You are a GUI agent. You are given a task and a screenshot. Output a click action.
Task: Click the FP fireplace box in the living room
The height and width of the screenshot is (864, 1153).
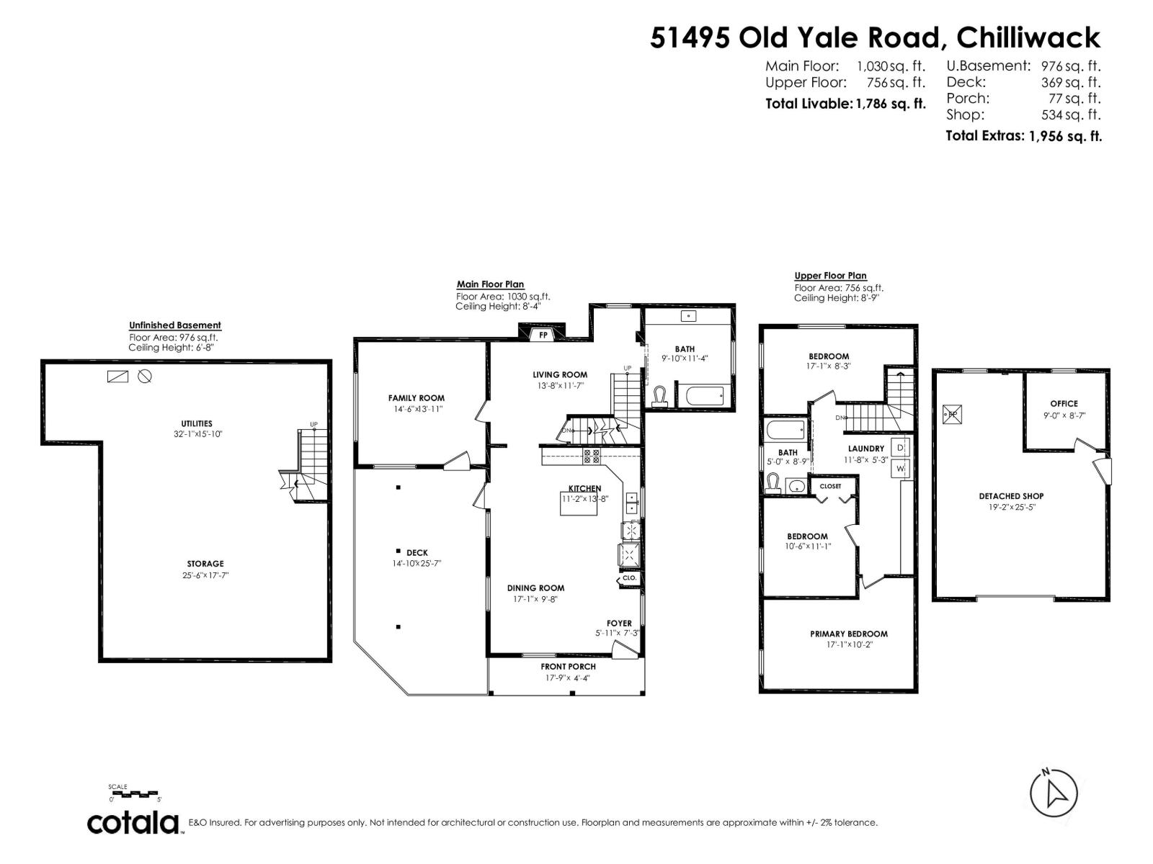coord(542,335)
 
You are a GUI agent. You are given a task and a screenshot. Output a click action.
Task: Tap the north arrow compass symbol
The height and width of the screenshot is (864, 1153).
coord(1053,793)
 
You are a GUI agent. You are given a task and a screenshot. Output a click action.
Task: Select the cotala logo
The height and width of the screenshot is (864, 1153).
coord(135,822)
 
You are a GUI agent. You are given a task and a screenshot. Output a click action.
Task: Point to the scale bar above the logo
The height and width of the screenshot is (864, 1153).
coord(135,794)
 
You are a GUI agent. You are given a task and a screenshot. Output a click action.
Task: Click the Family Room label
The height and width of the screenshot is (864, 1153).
coord(416,397)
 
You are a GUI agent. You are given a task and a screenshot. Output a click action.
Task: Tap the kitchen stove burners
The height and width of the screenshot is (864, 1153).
coord(591,455)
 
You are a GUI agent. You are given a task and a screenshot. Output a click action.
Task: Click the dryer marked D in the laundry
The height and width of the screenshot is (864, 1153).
coord(900,447)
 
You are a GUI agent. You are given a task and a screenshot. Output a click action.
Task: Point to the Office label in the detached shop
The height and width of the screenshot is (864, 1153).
coord(1064,403)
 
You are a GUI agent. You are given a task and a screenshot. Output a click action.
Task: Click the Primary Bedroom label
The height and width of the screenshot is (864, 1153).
coord(848,634)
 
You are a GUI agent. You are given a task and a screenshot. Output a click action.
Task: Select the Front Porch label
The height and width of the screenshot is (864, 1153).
coord(568,666)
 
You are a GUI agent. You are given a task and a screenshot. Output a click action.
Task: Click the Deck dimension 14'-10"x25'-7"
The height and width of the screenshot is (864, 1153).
coord(417,564)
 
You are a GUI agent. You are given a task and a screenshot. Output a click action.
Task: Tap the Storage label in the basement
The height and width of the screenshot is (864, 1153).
coord(205,564)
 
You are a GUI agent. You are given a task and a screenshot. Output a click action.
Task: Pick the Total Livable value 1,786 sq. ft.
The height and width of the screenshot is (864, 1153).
coord(890,104)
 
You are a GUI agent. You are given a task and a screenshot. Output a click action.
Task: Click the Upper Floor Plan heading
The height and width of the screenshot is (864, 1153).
coord(830,276)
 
